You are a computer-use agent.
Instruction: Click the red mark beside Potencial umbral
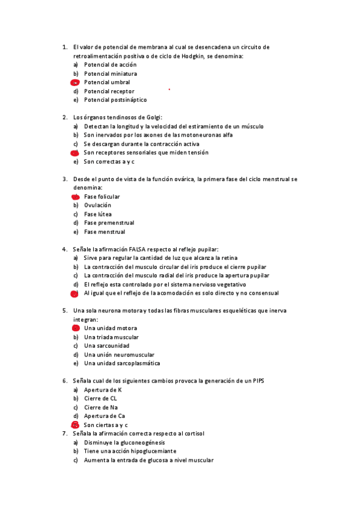[x=75, y=82]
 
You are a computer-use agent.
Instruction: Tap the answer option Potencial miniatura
[x=110, y=73]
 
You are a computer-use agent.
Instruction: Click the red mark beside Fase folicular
[x=76, y=197]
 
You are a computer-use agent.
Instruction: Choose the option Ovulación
[x=97, y=205]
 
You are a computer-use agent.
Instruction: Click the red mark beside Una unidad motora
[x=76, y=328]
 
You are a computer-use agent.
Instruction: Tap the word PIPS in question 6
[x=259, y=381]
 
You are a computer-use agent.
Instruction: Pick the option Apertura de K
[x=103, y=390]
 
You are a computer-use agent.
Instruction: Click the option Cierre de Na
[x=102, y=407]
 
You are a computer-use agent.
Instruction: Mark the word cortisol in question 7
[x=194, y=434]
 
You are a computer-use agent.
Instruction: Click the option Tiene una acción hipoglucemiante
[x=130, y=451]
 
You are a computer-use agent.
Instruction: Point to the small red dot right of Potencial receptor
[x=169, y=89]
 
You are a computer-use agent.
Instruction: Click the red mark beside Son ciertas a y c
[x=76, y=425]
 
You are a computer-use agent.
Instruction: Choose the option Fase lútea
[x=97, y=214]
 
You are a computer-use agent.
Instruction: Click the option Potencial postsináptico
[x=115, y=100]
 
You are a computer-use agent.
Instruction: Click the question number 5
[x=64, y=311]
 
